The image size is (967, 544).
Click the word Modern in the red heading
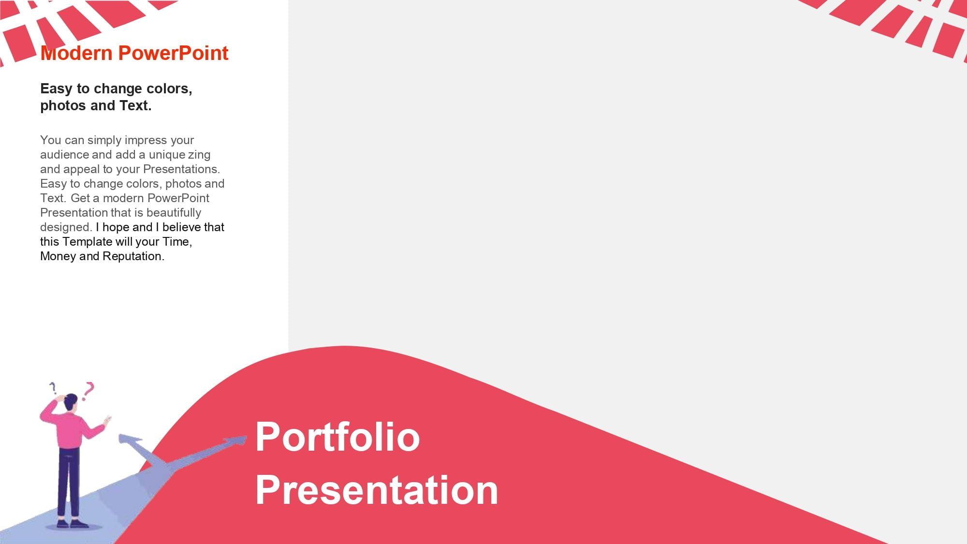(x=76, y=53)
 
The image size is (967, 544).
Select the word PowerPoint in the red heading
(x=173, y=53)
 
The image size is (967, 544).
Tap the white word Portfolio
(x=337, y=437)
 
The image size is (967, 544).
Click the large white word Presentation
(x=377, y=490)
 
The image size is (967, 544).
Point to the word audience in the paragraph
(x=64, y=155)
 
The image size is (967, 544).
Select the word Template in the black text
(x=87, y=242)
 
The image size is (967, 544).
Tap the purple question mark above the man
(x=53, y=387)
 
